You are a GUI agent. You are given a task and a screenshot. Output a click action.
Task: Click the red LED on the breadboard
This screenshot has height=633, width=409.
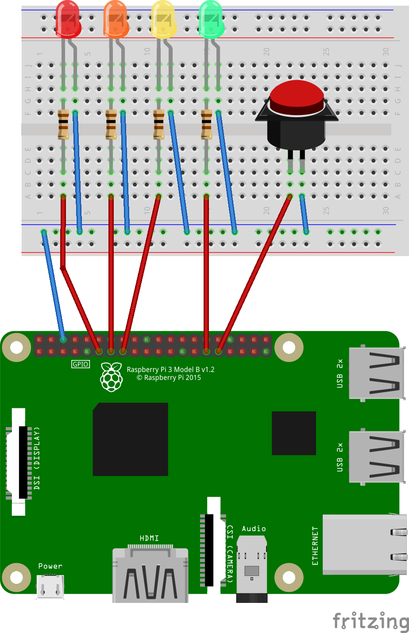tap(68, 19)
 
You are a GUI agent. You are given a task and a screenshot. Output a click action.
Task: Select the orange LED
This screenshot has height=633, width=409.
tap(116, 19)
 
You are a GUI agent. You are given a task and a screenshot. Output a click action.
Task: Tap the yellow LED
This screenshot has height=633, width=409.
tap(164, 19)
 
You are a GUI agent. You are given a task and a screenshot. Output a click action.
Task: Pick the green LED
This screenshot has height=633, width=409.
tap(212, 19)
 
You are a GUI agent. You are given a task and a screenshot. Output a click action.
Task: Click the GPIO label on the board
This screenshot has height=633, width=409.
tap(81, 364)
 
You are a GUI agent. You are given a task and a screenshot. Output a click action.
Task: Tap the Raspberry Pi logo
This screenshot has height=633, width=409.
tap(112, 376)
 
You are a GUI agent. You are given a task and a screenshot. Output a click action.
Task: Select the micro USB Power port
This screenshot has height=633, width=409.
tap(50, 586)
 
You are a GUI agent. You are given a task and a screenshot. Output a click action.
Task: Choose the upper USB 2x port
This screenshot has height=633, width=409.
tap(376, 373)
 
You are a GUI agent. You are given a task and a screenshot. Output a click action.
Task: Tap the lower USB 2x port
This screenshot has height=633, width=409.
tap(376, 457)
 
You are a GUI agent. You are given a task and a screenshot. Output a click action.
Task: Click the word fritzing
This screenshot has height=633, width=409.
tap(370, 621)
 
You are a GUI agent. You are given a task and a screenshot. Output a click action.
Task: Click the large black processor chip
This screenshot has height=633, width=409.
tap(130, 439)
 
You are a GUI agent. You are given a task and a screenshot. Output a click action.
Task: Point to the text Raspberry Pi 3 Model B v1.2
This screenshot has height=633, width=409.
tap(170, 369)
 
